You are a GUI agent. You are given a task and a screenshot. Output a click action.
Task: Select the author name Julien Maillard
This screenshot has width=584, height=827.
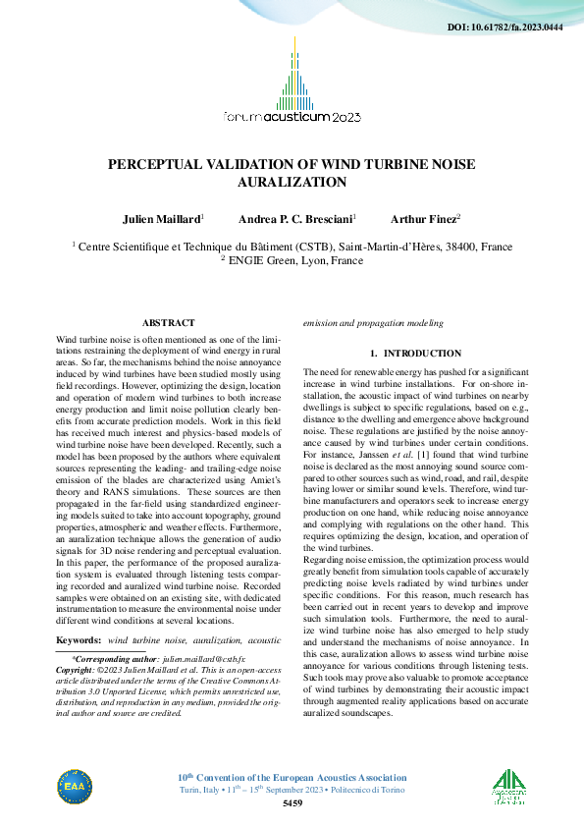coord(161,217)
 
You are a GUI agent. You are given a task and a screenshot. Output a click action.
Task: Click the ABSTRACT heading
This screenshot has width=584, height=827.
coord(168,322)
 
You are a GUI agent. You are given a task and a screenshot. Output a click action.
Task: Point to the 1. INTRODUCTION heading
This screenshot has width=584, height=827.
coord(415,353)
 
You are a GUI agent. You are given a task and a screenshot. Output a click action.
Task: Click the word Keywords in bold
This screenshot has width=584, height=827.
coord(79,639)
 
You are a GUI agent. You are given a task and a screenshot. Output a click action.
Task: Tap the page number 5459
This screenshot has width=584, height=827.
coord(292,803)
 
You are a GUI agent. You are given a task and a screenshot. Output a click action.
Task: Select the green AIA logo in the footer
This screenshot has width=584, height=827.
coord(509,786)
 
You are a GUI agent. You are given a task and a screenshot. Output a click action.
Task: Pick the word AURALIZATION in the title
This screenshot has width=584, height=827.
coord(292,182)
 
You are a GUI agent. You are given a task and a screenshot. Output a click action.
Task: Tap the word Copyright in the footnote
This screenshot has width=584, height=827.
coord(80,667)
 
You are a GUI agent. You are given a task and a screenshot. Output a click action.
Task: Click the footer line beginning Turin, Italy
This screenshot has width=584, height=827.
coord(292,791)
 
